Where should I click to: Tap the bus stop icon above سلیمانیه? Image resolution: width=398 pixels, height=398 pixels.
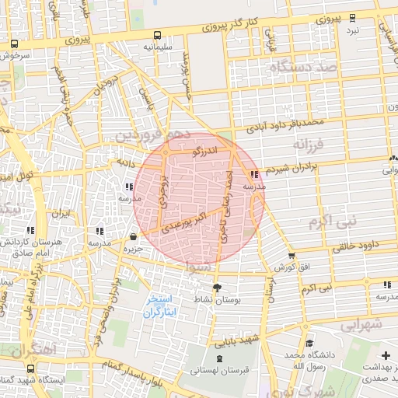158,35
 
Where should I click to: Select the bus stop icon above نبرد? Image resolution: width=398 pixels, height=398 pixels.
352,18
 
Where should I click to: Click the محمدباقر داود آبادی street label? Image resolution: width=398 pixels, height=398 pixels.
284,122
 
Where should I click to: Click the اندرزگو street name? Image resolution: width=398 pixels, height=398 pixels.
210,148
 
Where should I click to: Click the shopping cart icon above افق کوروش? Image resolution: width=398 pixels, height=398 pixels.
292,255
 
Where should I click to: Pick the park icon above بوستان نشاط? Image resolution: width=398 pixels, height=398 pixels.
217,288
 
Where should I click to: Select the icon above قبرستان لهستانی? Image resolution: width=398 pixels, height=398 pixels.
218,359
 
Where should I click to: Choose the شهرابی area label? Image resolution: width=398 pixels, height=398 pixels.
360,322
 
